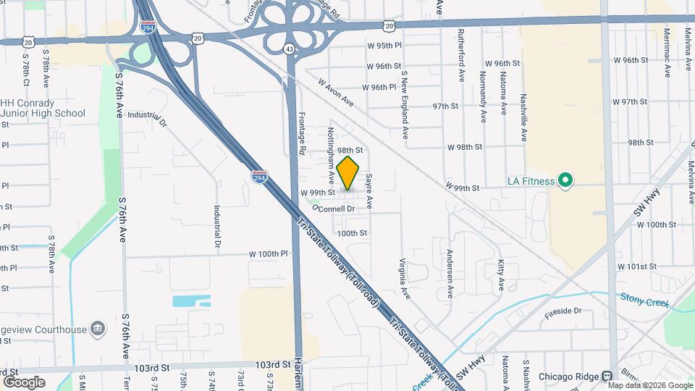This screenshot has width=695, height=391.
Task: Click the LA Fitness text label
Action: (531, 181)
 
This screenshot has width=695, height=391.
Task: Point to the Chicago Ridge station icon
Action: (607, 377)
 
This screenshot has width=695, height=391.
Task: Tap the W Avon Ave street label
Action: (334, 92)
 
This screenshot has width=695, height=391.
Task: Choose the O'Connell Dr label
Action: (334, 209)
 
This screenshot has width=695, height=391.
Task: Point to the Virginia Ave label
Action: (405, 279)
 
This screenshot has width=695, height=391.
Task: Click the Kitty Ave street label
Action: (501, 277)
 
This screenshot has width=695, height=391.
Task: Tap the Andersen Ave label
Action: (450, 274)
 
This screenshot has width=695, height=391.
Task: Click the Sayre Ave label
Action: (368, 190)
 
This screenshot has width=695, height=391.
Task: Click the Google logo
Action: (24, 382)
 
